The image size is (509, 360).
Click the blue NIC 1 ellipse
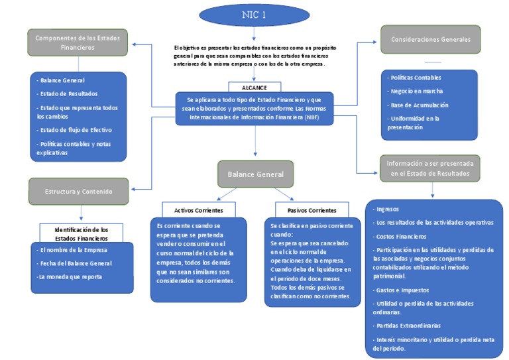coord(254,15)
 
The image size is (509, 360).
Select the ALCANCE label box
coord(254,86)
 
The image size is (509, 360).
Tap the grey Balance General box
coord(255,174)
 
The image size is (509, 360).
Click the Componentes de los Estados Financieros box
coord(78,42)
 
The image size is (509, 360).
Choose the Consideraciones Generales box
coord(430,40)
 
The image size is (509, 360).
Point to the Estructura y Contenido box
coord(78,192)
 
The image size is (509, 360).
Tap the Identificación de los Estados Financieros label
coord(82,233)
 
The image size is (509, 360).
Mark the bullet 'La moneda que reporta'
coord(69,276)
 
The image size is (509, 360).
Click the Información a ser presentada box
coord(430,168)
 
